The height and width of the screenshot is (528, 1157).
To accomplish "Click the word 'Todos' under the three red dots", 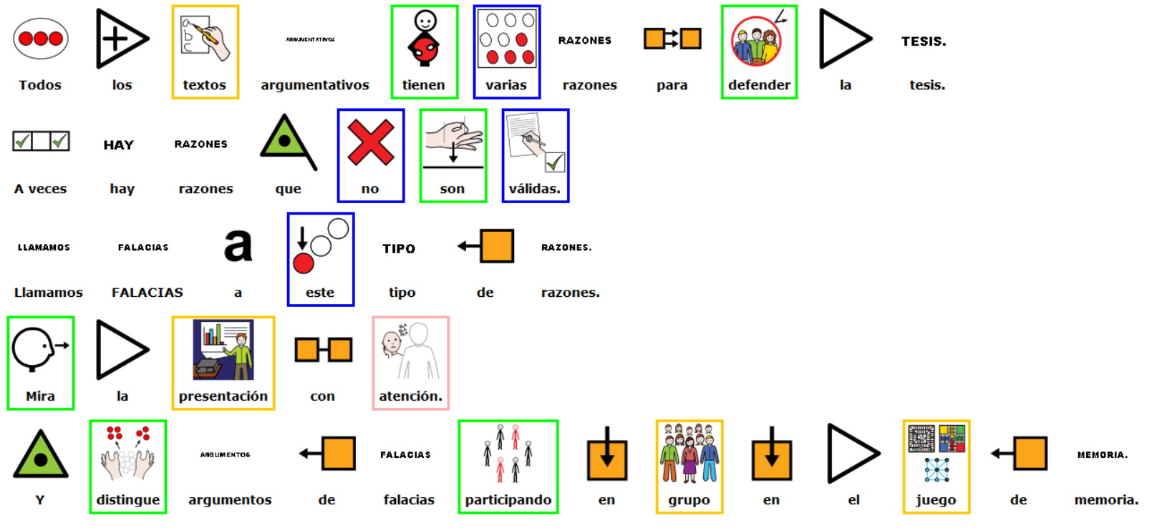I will (x=40, y=85).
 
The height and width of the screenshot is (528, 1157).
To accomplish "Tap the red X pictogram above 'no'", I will (x=370, y=143).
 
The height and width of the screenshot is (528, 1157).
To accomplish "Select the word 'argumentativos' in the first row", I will (x=315, y=85).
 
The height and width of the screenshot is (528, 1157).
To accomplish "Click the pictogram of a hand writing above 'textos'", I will (x=205, y=39).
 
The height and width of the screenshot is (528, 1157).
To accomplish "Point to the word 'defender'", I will (x=759, y=85).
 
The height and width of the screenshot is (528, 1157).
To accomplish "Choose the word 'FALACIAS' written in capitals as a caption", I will (x=147, y=293).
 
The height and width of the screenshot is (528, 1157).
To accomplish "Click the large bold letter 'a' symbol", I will (x=238, y=245).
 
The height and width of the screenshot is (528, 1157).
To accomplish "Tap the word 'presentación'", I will (x=223, y=396).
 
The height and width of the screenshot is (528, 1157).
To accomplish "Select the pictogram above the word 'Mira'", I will (x=40, y=350).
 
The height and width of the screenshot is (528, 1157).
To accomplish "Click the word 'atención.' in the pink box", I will (x=410, y=396).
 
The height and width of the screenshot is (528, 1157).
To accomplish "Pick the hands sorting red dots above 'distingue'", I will (x=127, y=454).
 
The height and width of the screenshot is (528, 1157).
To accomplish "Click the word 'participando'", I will (x=508, y=500).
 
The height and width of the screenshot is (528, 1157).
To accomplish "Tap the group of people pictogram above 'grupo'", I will (x=689, y=454).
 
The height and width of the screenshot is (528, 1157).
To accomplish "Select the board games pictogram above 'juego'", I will (x=936, y=454).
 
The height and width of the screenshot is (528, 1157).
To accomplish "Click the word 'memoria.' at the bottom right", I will (x=1105, y=500).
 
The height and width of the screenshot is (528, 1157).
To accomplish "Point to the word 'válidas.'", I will (x=535, y=189).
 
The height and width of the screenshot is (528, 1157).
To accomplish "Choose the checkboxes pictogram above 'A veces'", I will (x=41, y=141).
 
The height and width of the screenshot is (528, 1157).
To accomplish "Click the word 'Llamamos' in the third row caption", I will (x=48, y=293).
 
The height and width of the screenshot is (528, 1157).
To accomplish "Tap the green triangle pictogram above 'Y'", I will (x=41, y=455).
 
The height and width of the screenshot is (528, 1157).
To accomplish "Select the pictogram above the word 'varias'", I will (x=506, y=39).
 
